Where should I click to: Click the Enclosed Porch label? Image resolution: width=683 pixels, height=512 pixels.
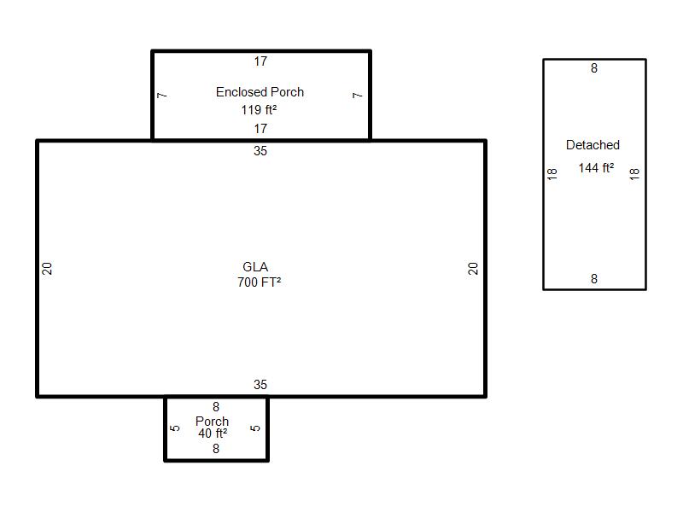pos(260,92)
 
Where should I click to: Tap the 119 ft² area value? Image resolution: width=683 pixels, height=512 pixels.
pos(260,110)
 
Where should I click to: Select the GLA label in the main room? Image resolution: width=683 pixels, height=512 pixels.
pos(255,267)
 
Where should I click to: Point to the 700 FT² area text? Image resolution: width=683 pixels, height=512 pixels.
pos(260,282)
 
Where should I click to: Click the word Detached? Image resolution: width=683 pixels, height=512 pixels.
pos(593,145)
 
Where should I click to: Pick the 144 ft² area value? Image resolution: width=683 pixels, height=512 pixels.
pos(596,167)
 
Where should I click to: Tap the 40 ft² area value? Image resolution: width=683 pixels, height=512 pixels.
pos(213,433)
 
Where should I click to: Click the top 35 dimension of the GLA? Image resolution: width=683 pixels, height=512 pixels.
pos(260,151)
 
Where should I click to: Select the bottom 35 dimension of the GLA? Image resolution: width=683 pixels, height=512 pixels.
pos(260,385)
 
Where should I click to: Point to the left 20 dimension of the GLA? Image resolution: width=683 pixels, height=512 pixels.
pos(47,268)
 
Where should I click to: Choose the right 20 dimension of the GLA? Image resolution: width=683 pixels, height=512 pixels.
pos(473,268)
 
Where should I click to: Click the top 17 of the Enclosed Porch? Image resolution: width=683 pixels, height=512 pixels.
pos(260,61)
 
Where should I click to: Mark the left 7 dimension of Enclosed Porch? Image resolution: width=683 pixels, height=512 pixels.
pos(161,95)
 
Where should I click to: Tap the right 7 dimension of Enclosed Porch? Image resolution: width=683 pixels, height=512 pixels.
pos(357,95)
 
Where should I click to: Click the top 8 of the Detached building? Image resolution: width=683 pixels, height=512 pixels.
pos(594,68)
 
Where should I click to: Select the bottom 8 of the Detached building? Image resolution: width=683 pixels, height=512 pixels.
pos(594,279)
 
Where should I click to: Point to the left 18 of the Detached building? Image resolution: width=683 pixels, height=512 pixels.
pos(552,174)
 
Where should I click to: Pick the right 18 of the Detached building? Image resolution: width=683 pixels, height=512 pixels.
pos(634,174)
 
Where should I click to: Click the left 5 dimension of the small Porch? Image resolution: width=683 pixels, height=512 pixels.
pos(175,428)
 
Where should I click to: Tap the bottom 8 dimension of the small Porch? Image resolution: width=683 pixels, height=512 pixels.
pos(216,449)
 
